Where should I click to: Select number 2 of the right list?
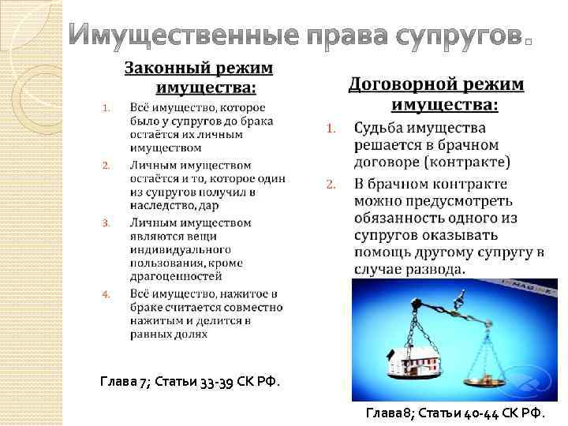(331, 185)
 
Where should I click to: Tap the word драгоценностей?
(176, 276)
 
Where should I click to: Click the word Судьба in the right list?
(380, 128)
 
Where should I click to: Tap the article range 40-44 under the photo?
(490, 413)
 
